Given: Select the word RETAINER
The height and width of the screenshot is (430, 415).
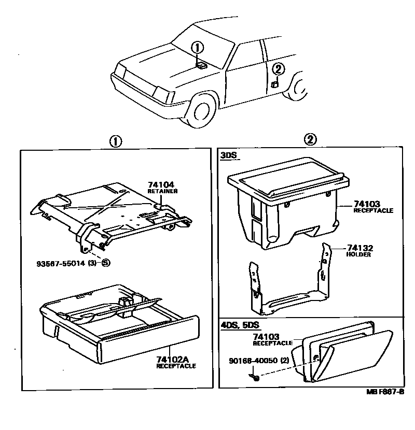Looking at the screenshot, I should click(162, 191).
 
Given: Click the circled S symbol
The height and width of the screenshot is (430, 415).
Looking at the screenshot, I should click(106, 263).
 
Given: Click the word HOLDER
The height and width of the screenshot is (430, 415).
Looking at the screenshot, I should click(358, 254).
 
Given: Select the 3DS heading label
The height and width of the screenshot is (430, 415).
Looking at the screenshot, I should click(228, 155).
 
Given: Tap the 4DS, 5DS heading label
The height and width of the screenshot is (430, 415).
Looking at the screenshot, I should click(239, 325).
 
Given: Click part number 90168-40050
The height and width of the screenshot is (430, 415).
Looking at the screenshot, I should click(252, 360).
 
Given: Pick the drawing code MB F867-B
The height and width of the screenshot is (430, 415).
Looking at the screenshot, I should click(385, 392).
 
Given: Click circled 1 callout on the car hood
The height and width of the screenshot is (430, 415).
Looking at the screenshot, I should click(197, 48).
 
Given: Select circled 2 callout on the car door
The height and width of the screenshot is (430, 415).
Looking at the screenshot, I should click(278, 68).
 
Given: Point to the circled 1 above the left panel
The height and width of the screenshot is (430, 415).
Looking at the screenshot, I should click(116, 141).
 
